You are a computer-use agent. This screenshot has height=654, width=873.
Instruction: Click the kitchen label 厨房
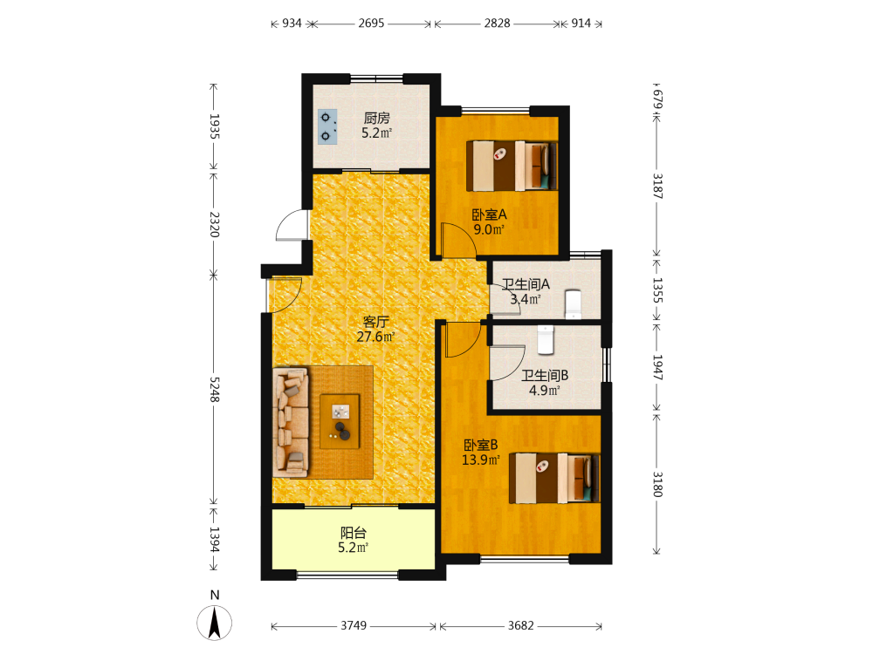[x=376, y=118]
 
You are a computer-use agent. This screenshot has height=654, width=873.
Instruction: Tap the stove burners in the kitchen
[x=327, y=126]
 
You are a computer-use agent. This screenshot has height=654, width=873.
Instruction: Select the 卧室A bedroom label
[x=490, y=215]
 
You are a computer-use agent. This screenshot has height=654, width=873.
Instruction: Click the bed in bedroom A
[x=512, y=166]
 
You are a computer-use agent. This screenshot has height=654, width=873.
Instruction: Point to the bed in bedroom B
[x=554, y=478]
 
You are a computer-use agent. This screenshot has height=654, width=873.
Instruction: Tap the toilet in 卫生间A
[x=573, y=304]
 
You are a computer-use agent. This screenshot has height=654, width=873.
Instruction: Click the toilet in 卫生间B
[x=546, y=340]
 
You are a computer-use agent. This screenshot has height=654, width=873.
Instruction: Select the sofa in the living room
[x=291, y=421]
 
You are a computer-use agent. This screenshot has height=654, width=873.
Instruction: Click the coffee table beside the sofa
[x=340, y=421]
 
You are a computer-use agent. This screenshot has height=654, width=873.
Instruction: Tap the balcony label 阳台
[x=353, y=533]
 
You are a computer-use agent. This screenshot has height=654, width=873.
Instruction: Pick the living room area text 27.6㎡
[x=375, y=337]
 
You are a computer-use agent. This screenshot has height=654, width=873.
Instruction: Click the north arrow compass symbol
[x=215, y=623]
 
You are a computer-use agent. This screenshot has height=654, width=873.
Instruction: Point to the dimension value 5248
[x=215, y=389]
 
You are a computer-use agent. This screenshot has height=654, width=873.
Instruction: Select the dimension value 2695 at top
[x=371, y=23]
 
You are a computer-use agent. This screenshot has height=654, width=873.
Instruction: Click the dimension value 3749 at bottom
[x=354, y=625]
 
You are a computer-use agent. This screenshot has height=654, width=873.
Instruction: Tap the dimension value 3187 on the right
[x=657, y=187]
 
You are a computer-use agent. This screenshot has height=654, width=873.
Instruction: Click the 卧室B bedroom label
[x=481, y=445]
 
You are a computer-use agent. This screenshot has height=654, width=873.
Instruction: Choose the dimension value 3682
[x=520, y=625]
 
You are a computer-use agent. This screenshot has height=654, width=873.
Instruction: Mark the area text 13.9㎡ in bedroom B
[x=481, y=460]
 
